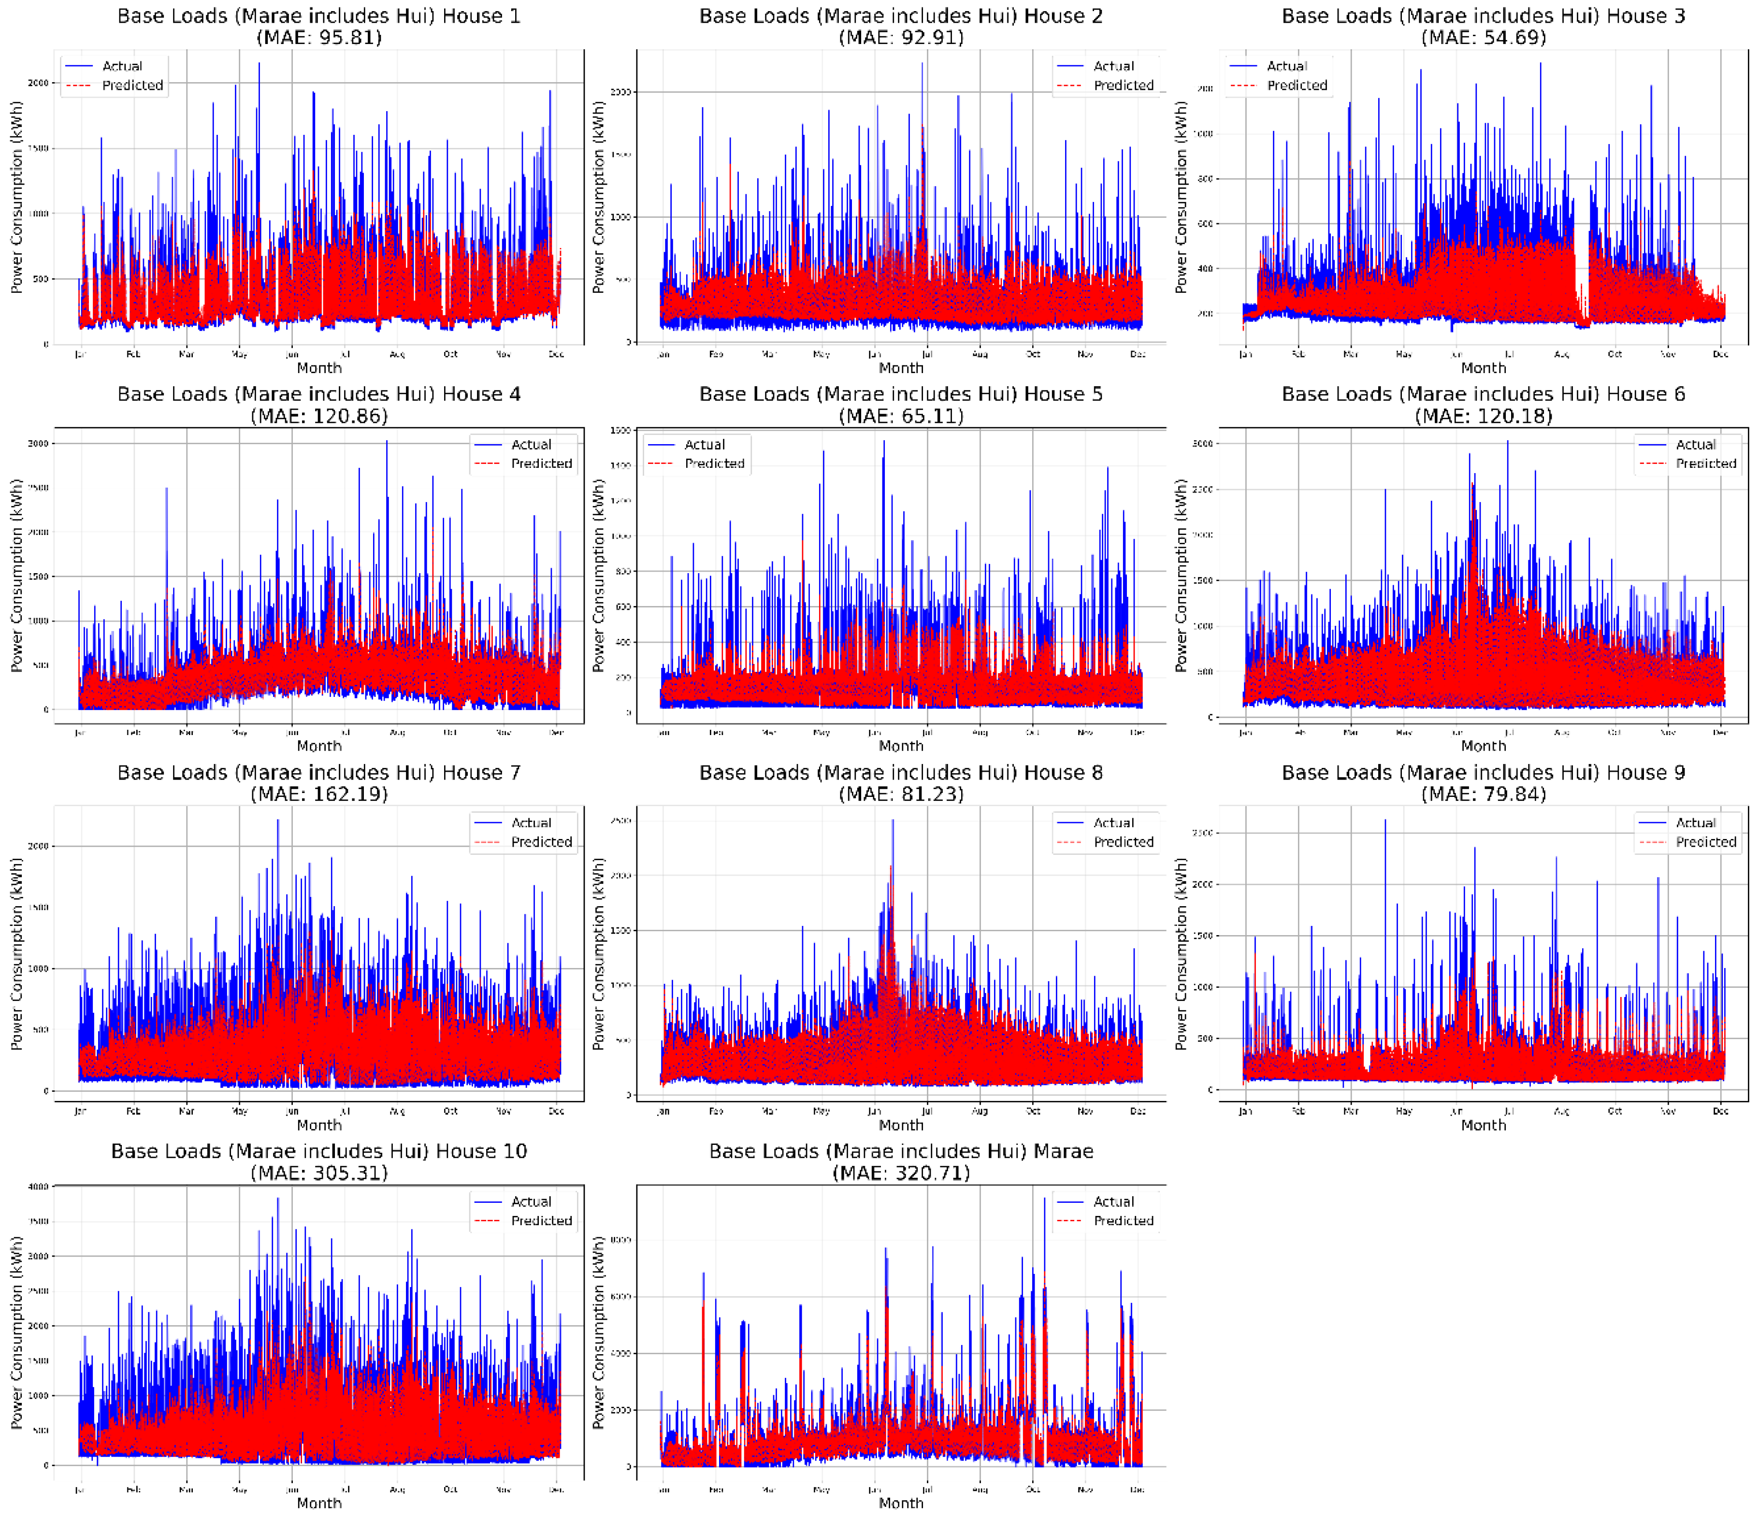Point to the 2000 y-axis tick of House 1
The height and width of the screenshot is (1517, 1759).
[x=38, y=83]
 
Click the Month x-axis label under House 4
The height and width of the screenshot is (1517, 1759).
[x=319, y=746]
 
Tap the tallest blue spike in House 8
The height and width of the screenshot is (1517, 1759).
[x=892, y=822]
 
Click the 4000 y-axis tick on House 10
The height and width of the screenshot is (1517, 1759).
[x=38, y=1187]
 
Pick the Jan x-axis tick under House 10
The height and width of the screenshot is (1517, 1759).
[x=80, y=1490]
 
